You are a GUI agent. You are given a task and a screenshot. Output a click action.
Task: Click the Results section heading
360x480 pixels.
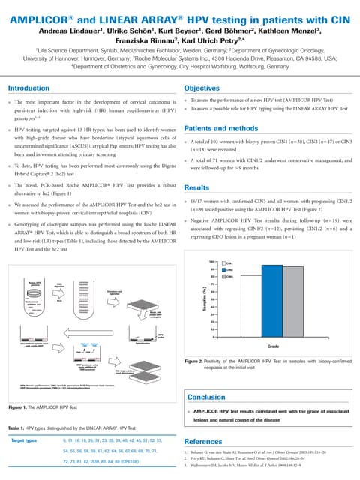(196, 187)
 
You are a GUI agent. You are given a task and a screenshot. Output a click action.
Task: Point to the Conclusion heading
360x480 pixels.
(205, 397)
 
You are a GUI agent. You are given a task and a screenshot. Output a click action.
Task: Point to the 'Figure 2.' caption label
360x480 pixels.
(198, 361)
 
